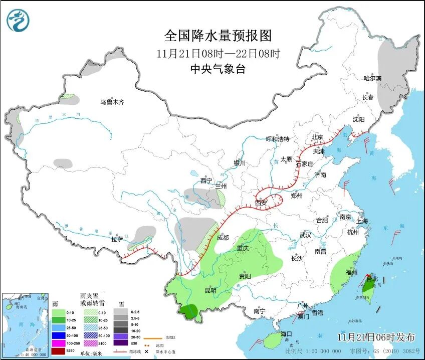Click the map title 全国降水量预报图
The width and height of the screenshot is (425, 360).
coord(218,36)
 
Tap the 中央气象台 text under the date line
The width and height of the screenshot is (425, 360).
coord(218,69)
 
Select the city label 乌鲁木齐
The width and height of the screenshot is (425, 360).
coord(111,102)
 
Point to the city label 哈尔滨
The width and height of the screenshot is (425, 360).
coord(372,78)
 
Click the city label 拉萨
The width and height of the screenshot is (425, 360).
coord(117,239)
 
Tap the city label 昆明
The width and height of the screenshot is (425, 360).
coord(210,290)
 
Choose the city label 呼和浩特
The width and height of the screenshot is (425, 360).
coord(277,139)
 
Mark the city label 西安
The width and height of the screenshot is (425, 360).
coord(261,203)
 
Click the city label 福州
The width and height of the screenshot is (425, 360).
coord(351,272)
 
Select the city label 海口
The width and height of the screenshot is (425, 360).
coord(286,333)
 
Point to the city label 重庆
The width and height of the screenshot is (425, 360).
coord(243,248)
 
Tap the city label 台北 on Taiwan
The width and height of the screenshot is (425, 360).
coord(371,279)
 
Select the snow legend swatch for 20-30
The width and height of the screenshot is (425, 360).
coord(120,335)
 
